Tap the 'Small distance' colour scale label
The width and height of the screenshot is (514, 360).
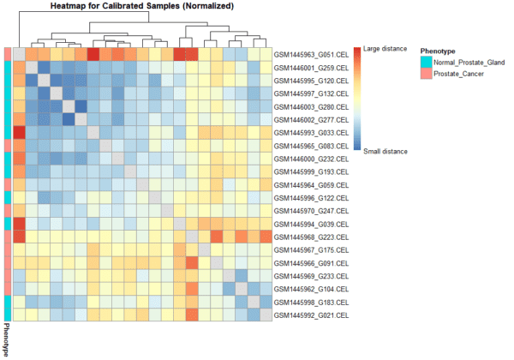click(x=385, y=151)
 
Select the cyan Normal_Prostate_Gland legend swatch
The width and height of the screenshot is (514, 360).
click(x=426, y=63)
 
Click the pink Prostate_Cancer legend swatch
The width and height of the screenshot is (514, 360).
click(x=426, y=75)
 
